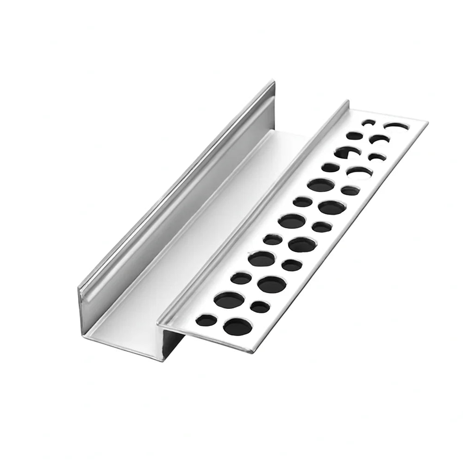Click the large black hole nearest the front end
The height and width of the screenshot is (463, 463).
237,327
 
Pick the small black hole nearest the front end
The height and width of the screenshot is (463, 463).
206,320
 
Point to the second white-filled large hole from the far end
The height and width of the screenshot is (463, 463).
359,172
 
